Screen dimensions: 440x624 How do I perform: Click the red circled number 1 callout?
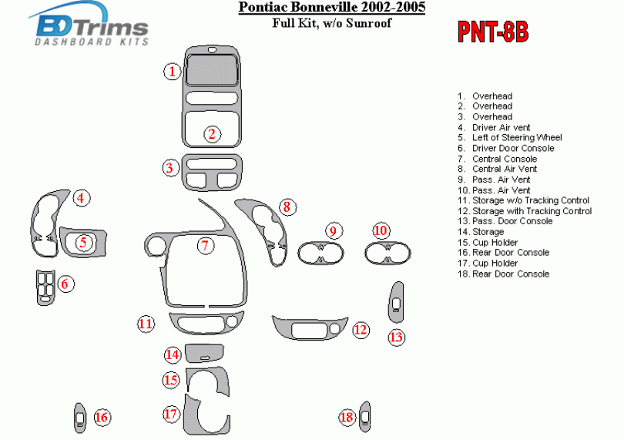(x=173, y=72)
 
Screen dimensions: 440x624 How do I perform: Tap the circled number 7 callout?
(x=204, y=246)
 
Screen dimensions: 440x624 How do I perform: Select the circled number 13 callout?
(x=396, y=337)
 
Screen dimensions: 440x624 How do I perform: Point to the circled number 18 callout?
(x=347, y=417)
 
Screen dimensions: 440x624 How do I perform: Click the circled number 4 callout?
(x=80, y=198)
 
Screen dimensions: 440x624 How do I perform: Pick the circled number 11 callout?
(x=146, y=324)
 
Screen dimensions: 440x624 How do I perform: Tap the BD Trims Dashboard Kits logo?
(x=92, y=29)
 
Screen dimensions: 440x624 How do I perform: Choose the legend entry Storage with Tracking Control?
(x=532, y=210)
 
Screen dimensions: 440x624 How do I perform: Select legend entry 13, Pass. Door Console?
(x=512, y=221)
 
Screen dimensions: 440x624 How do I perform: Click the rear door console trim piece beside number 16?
(x=79, y=415)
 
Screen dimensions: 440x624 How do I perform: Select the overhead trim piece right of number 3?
(x=211, y=172)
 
